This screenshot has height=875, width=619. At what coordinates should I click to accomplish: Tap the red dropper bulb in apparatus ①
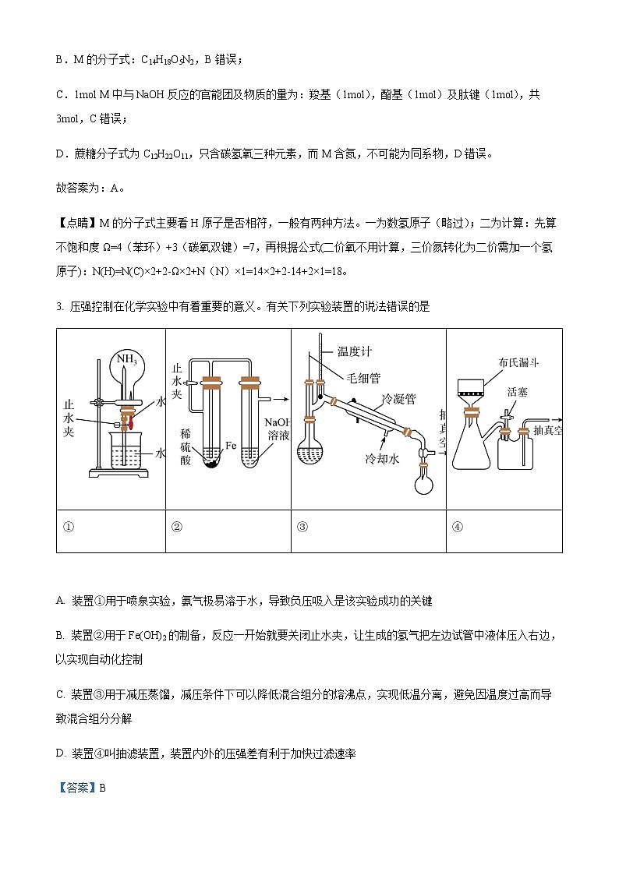coord(132,423)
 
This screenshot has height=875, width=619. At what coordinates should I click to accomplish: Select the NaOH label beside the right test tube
coord(278,421)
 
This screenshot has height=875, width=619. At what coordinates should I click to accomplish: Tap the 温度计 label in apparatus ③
coord(355,351)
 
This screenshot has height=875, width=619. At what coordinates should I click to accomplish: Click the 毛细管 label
coord(363,378)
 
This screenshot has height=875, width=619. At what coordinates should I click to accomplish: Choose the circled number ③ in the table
coord(302,526)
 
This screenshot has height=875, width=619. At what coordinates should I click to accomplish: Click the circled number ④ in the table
coord(458,526)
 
